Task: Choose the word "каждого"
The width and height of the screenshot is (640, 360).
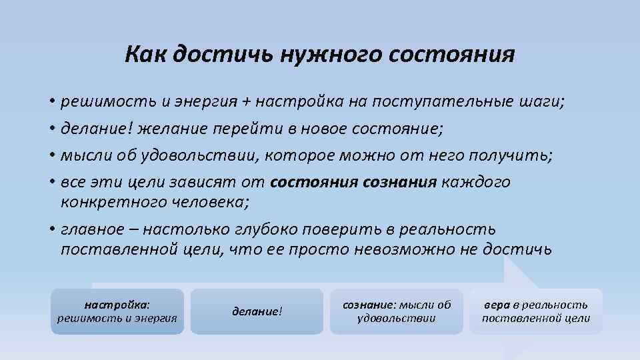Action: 476,182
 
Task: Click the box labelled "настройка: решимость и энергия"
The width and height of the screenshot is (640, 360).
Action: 117,311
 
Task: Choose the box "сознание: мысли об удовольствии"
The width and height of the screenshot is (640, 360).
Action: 396,311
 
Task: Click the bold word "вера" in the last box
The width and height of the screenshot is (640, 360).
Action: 497,304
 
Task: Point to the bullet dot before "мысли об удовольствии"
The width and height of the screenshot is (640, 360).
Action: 52,156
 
